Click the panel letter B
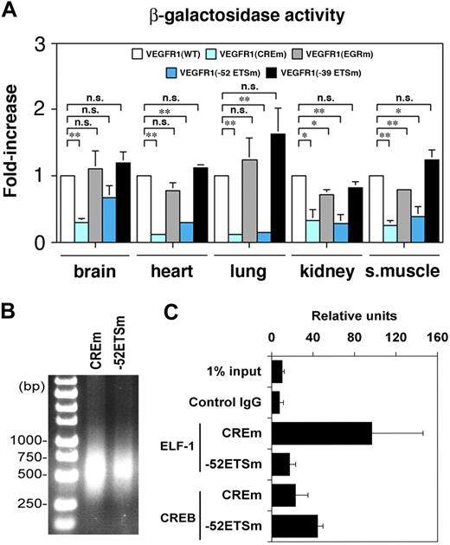pos(12,305)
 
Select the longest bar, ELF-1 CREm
pos(321,433)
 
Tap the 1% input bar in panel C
pos(277,372)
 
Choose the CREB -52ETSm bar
pos(296,525)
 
